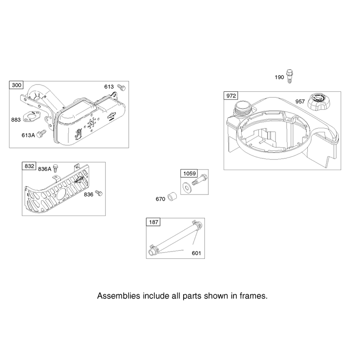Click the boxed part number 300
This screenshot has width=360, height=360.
coord(17,85)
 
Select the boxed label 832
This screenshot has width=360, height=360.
coord(29,166)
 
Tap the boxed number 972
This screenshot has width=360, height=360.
coord(231,95)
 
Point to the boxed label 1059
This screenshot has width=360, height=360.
coord(189,173)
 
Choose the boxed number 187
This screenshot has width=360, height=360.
coord(153,222)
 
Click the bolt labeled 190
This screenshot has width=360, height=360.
coord(290,76)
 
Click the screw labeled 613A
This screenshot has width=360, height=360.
coord(41,134)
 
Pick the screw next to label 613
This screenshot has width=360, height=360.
coord(121,87)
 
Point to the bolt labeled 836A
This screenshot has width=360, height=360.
coord(55,168)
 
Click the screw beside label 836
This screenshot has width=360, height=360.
coord(99,193)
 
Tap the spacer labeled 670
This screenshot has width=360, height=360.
coord(172,197)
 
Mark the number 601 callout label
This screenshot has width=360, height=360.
coord(196,253)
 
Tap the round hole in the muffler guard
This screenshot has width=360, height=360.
coord(61,193)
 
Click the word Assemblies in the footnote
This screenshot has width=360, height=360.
coord(118,296)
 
